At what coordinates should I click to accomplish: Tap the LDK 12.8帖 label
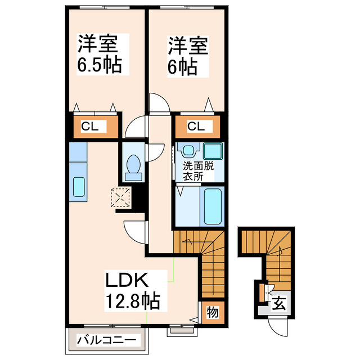coord(132,290)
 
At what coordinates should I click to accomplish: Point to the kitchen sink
coord(78,186)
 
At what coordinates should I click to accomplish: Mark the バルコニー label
coord(106,340)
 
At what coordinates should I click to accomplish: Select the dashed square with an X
coord(120,197)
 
